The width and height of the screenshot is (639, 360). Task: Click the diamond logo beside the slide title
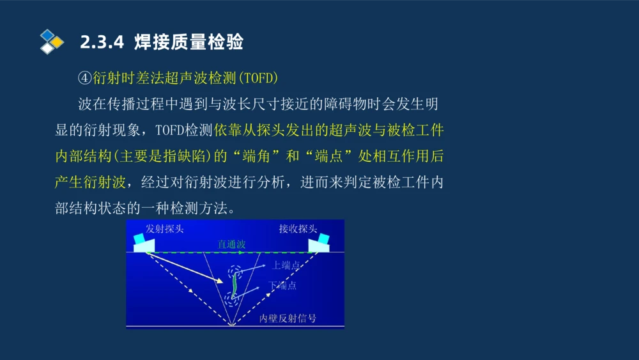pyautogui.click(x=52, y=42)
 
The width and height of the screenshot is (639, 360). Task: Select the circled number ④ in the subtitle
pyautogui.click(x=85, y=78)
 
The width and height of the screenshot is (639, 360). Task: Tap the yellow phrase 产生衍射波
pyautogui.click(x=90, y=182)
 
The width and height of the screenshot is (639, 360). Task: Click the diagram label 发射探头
pyautogui.click(x=165, y=229)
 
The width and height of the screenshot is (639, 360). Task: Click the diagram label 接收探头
pyautogui.click(x=298, y=229)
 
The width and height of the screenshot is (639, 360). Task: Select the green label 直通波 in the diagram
pyautogui.click(x=231, y=244)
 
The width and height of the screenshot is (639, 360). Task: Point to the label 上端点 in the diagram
pyautogui.click(x=286, y=265)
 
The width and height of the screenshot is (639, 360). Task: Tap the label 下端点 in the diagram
pyautogui.click(x=282, y=285)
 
